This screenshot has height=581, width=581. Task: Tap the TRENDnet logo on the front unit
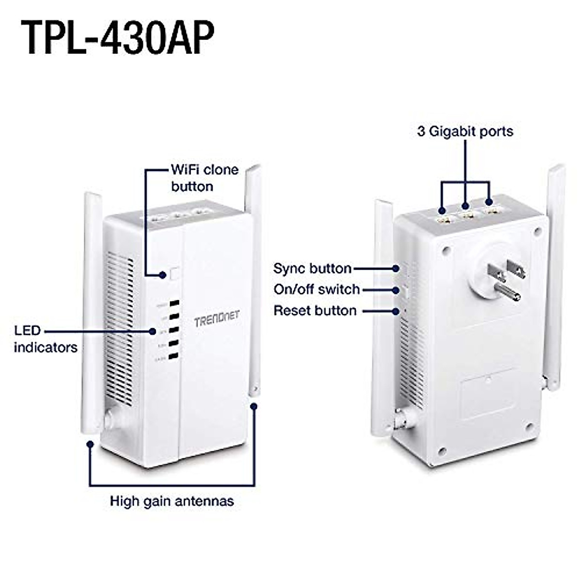[216, 320]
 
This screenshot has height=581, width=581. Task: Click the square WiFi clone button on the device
[175, 274]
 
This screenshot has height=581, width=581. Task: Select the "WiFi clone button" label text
[204, 178]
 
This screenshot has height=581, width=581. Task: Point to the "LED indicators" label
[45, 339]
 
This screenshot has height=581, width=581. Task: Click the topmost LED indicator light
[174, 304]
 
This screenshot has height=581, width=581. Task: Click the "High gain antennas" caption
[172, 501]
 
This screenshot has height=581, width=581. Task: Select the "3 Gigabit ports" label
[465, 131]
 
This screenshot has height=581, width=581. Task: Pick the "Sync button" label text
[312, 268]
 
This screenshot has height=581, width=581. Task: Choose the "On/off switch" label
[317, 290]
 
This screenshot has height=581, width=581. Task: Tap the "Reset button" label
[315, 310]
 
